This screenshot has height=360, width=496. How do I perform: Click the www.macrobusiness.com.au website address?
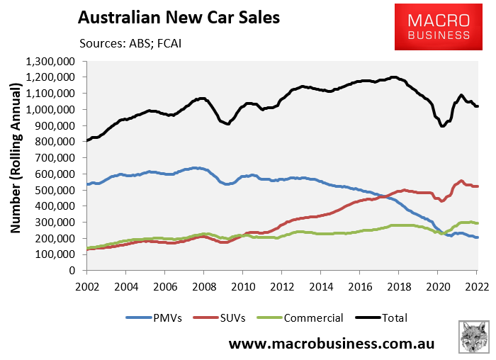coord(331,344)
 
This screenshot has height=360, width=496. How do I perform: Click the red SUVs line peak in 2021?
coord(461,181)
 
